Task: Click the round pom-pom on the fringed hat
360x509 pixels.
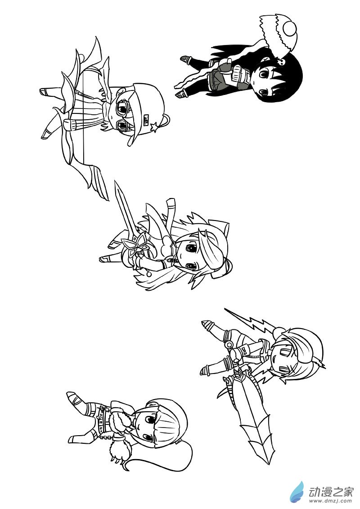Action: point(290,29)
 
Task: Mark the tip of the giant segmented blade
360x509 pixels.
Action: point(269,464)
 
